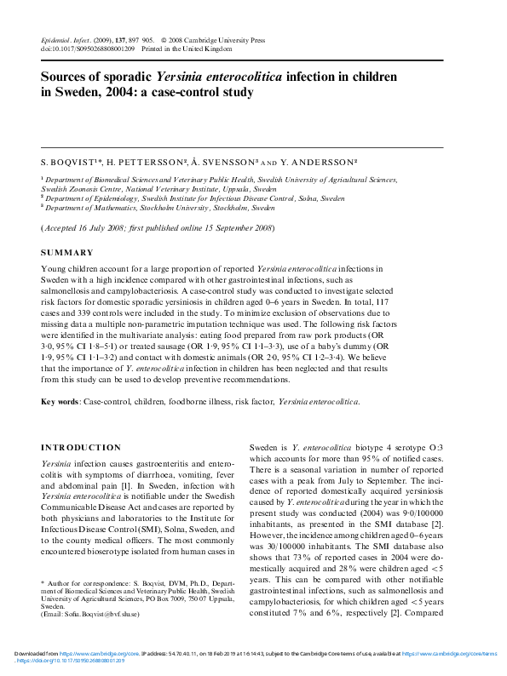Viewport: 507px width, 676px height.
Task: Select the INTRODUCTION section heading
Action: coord(81,448)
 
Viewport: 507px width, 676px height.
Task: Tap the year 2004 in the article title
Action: coord(131,95)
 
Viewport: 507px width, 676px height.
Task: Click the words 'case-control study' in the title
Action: coord(201,95)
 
